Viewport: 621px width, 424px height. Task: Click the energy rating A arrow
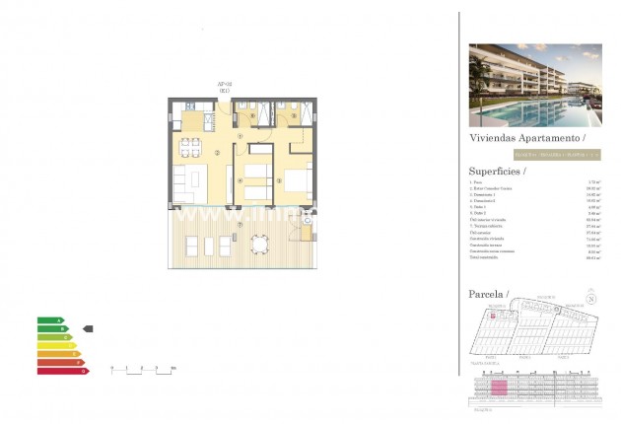(x=50, y=320)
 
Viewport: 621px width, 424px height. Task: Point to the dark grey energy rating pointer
(x=87, y=328)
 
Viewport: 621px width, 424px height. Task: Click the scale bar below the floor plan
(x=142, y=368)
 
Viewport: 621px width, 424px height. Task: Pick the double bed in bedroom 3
(x=294, y=181)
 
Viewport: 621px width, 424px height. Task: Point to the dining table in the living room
(x=194, y=178)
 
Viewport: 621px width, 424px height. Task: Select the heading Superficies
(x=496, y=172)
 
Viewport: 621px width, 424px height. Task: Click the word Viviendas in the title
(x=491, y=140)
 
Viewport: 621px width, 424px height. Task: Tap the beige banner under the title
(x=556, y=155)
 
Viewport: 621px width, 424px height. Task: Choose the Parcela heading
(x=488, y=294)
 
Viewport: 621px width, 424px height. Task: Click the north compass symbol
(x=591, y=300)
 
